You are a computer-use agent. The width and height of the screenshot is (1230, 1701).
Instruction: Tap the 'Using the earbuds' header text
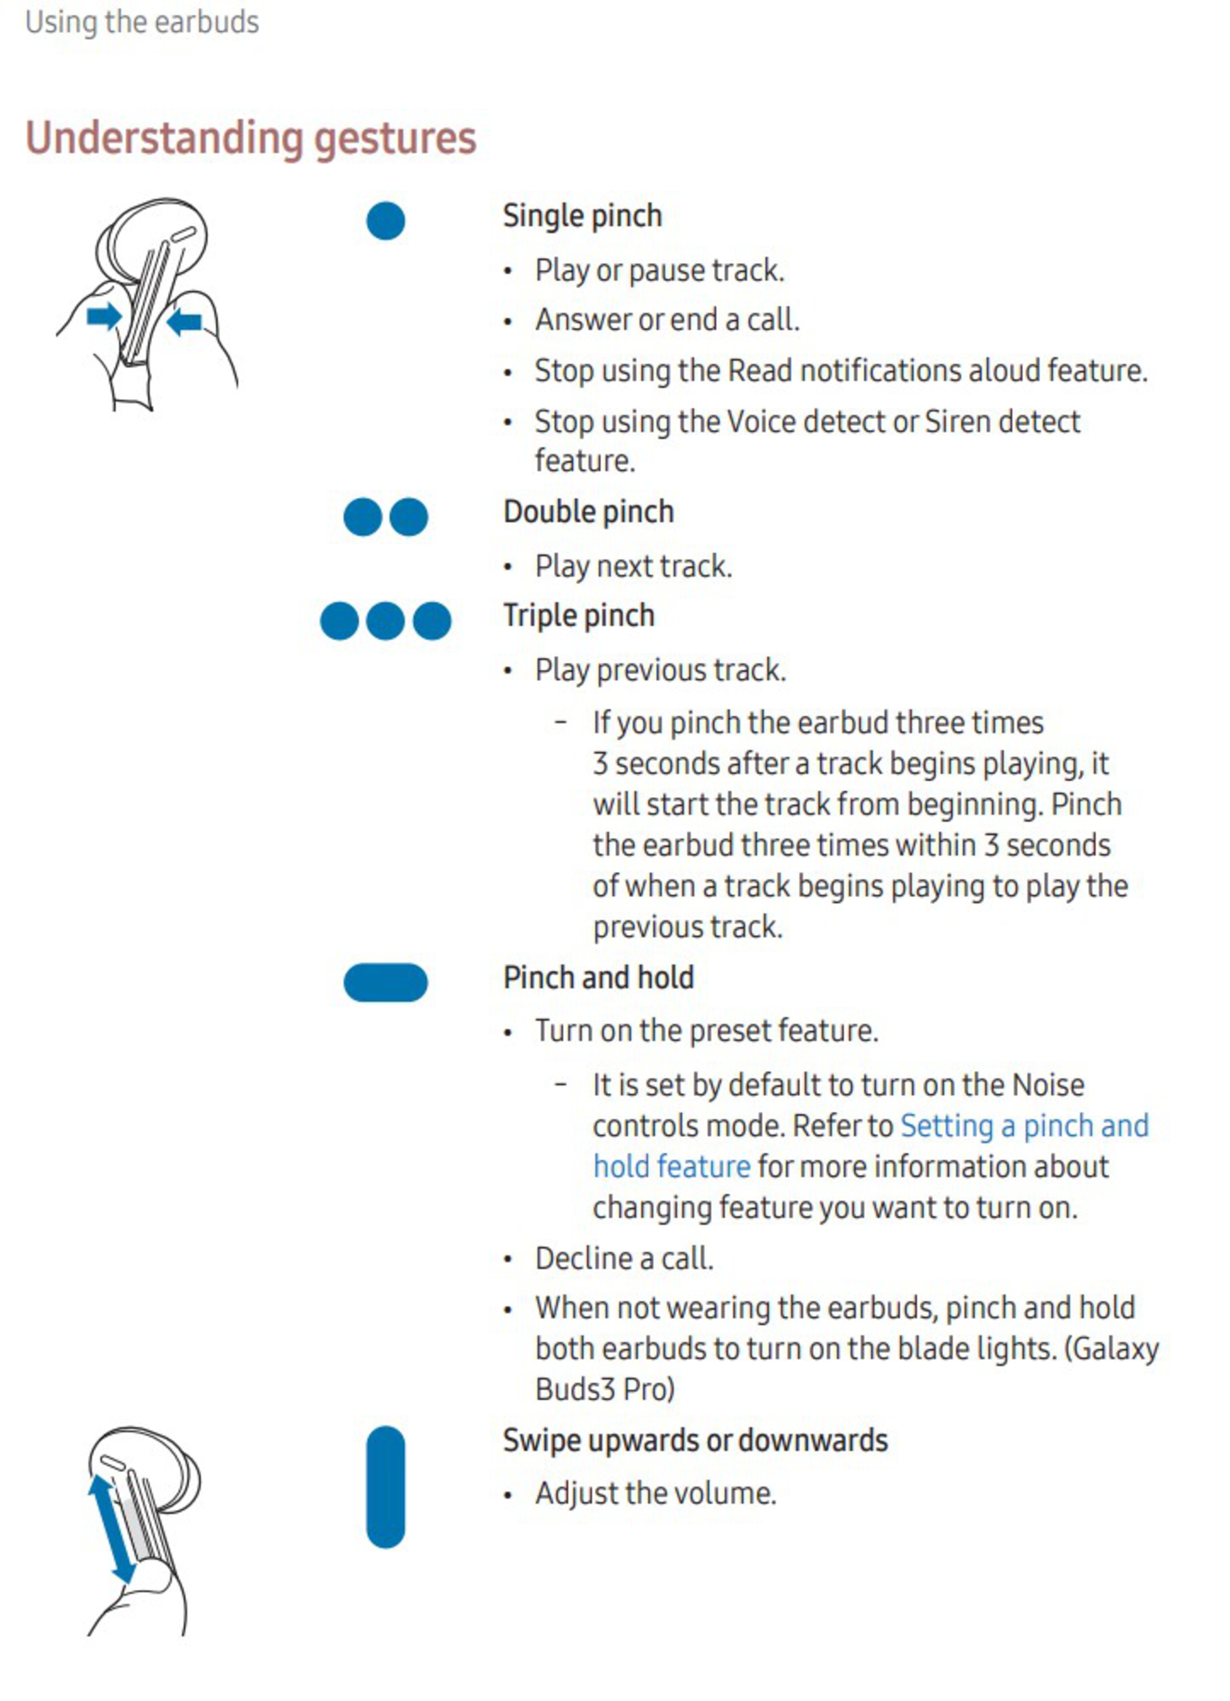[x=142, y=22]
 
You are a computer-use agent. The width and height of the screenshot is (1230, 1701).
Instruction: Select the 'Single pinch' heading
[x=582, y=216]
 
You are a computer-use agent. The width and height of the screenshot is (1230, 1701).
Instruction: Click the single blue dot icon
[x=386, y=220]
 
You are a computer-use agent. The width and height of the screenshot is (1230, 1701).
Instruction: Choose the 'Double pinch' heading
[x=588, y=511]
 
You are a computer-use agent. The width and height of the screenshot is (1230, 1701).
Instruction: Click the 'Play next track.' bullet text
[x=633, y=566]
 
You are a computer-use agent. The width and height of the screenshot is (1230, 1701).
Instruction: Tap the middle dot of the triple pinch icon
[x=386, y=621]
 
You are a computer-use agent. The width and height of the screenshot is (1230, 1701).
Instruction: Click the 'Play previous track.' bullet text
[x=660, y=670]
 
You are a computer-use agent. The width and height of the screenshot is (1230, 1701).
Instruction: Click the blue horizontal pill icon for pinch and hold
[x=386, y=983]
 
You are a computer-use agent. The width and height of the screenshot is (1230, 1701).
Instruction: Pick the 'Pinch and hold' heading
[x=598, y=978]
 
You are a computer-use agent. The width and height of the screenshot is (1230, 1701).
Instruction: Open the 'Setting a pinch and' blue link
[x=1024, y=1126]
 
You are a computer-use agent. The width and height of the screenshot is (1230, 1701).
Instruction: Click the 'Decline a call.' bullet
[x=624, y=1258]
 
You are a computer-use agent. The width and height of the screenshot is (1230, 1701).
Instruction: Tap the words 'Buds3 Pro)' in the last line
[x=604, y=1390]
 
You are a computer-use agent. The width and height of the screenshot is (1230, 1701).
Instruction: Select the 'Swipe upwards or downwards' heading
[x=694, y=1441]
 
